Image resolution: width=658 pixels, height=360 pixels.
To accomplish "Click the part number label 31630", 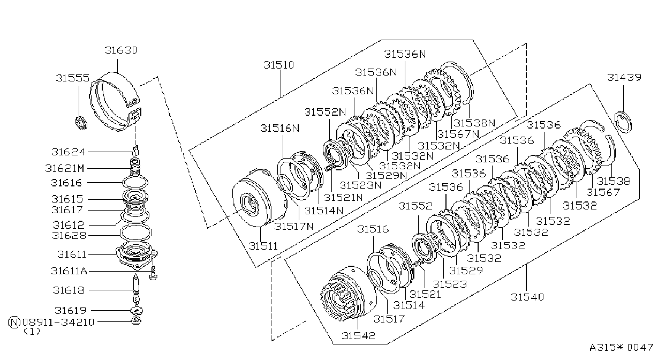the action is click(121, 50).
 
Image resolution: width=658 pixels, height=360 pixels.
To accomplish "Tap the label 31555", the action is click(73, 78).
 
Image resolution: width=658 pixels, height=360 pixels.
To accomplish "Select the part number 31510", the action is click(279, 65).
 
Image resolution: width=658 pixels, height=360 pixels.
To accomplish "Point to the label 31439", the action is click(624, 77).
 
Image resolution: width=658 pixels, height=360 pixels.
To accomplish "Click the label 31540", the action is click(527, 297).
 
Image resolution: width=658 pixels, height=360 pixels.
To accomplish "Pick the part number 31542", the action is click(359, 335).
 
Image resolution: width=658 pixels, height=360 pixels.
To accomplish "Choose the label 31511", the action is click(263, 246).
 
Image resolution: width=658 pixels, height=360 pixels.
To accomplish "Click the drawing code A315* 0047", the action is click(621, 348).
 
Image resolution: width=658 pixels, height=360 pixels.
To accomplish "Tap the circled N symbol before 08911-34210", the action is click(14, 322).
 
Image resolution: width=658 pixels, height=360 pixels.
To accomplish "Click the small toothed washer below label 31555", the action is click(81, 123).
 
